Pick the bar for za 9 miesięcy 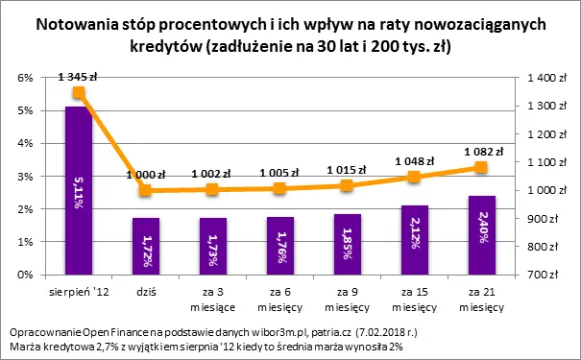point(347,244)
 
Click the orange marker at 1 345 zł point(79,93)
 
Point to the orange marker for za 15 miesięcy point(414,177)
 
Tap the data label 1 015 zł point(347,169)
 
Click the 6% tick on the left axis point(27,78)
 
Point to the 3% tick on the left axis point(27,176)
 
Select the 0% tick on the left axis point(27,275)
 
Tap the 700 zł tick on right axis point(539,275)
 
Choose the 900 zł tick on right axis point(539,219)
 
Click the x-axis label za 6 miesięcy point(279,294)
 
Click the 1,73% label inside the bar point(212,246)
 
